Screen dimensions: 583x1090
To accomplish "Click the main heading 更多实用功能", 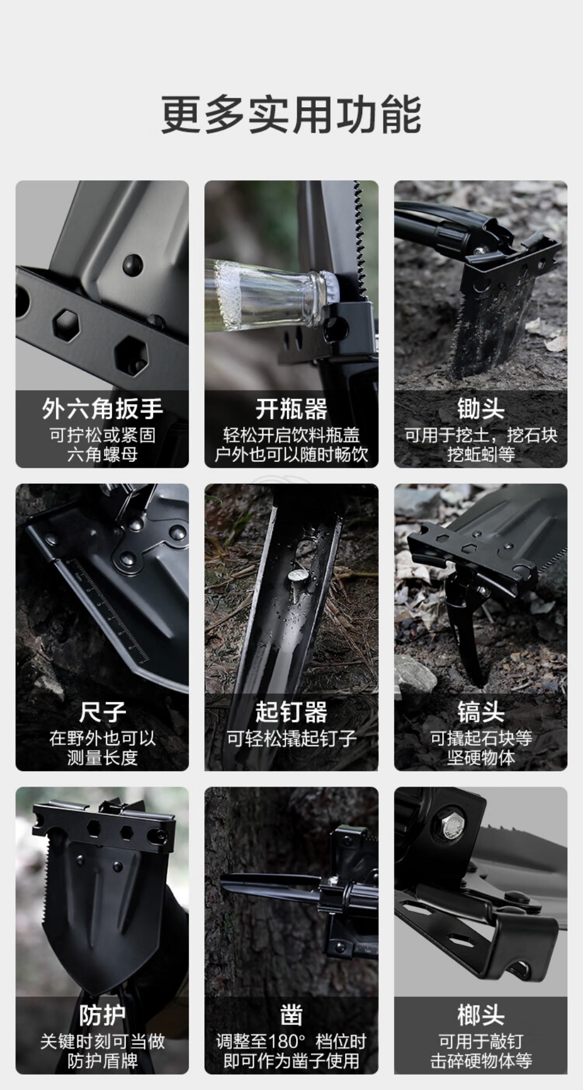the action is [291, 114].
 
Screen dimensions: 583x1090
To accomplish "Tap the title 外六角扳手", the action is [102, 408].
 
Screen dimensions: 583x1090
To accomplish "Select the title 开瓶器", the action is [291, 408].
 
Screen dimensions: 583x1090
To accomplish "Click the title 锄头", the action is [481, 408].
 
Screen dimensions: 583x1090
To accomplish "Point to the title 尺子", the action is [102, 712].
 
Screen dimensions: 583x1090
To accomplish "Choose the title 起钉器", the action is [291, 712].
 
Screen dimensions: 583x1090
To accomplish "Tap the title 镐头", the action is [481, 712].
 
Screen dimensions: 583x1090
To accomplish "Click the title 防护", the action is [102, 1015].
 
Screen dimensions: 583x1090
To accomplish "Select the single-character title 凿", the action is [291, 1015].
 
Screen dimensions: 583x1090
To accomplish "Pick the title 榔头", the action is [481, 1015].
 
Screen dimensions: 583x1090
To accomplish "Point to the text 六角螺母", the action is [102, 454].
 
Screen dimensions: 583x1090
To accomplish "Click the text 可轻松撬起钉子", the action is [291, 738].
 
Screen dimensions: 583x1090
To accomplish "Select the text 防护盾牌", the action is [102, 1061].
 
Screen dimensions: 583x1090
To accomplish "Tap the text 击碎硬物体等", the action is [481, 1061].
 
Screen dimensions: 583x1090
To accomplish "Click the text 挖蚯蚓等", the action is [481, 454].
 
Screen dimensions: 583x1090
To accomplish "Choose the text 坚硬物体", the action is [481, 758].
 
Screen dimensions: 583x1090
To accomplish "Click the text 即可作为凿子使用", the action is [291, 1061].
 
